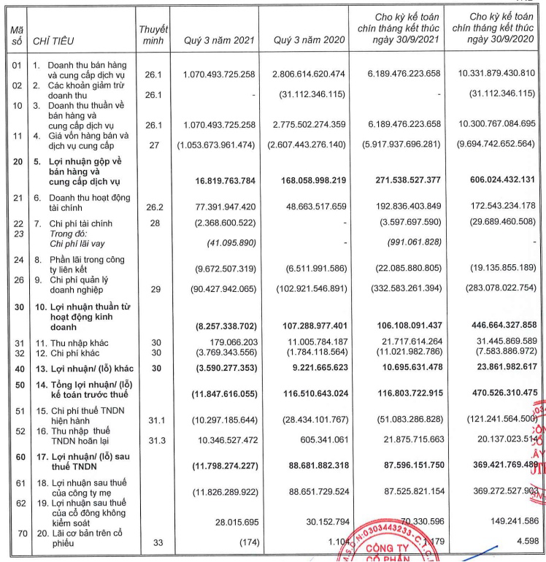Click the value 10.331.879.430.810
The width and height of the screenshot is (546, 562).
493,73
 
